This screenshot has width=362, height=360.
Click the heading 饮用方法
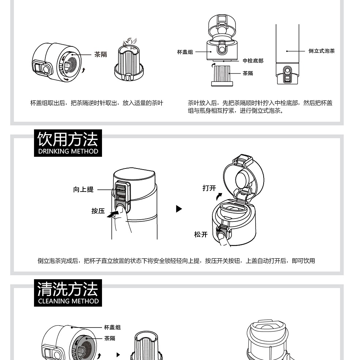(x=68, y=139)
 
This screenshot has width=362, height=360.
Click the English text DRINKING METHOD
(x=68, y=151)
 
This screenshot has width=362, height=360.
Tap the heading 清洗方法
(x=68, y=289)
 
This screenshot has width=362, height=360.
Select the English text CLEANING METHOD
(x=68, y=301)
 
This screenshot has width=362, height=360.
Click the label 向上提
(x=83, y=189)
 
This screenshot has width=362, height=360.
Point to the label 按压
(x=98, y=211)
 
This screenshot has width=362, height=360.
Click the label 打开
(x=209, y=188)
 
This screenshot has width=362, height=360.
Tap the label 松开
(x=201, y=234)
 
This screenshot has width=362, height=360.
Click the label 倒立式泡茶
(x=321, y=51)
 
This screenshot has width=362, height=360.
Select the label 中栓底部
(x=253, y=61)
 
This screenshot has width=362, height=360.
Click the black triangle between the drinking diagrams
(x=179, y=209)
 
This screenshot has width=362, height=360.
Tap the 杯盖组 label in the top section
(x=185, y=52)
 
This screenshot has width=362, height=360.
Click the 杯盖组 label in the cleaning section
(x=112, y=327)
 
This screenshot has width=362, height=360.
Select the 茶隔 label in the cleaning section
(x=110, y=338)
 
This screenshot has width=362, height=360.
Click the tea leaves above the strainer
(x=130, y=43)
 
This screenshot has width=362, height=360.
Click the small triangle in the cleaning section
(x=118, y=355)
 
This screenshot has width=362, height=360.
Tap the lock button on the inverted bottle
(x=287, y=71)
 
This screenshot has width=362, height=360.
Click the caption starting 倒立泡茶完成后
(x=176, y=261)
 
